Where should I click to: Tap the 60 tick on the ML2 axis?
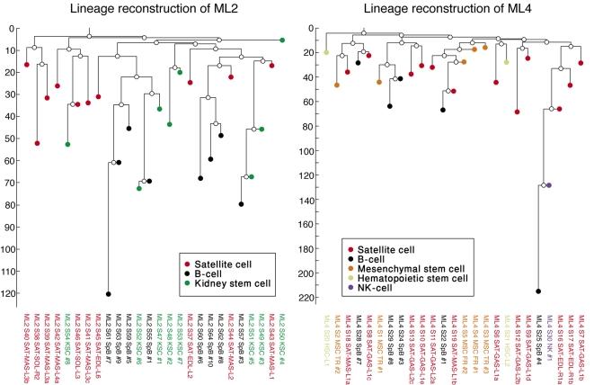point(13,161)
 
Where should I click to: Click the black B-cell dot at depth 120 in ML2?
point(109,294)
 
